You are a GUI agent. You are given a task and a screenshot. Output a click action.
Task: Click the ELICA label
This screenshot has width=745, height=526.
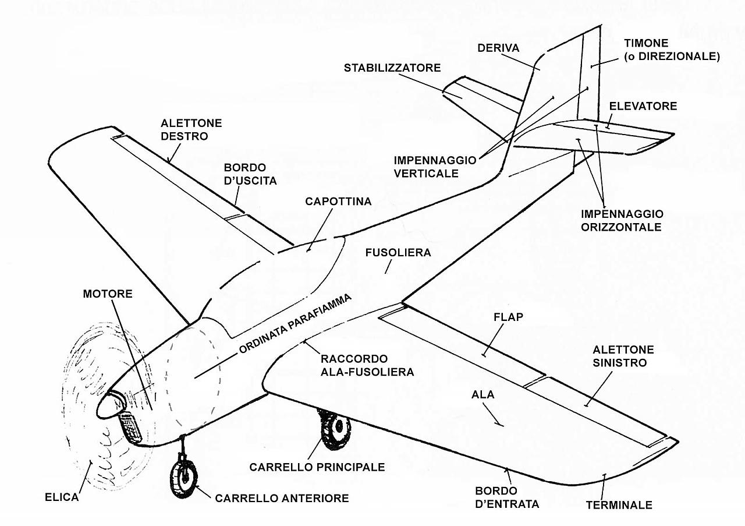(62, 498)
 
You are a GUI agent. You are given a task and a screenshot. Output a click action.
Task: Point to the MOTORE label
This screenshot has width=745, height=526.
(108, 294)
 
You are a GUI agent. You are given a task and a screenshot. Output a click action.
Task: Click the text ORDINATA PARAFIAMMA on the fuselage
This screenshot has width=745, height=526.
(295, 324)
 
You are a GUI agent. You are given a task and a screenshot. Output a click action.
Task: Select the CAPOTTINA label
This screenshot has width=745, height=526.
(338, 202)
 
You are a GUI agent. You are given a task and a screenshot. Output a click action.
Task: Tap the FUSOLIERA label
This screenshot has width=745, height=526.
(398, 253)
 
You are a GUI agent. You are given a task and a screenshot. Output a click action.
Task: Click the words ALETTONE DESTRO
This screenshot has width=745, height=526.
(183, 129)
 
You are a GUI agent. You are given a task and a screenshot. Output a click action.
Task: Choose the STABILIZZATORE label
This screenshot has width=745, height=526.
(392, 68)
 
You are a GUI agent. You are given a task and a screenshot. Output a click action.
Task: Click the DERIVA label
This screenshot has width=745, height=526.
(498, 48)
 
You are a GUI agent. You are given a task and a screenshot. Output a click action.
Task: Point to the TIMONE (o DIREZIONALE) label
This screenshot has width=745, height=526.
(672, 50)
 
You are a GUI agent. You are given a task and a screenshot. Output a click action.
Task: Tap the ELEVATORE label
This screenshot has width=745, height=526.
(643, 106)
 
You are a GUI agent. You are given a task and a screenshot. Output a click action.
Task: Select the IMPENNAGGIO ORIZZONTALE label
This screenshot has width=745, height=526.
(622, 220)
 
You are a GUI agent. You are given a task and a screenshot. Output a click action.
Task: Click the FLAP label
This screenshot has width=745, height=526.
(508, 317)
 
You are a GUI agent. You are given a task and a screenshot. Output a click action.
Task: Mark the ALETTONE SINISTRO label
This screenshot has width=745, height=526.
(623, 356)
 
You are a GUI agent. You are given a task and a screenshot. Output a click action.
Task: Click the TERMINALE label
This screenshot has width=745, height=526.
(619, 505)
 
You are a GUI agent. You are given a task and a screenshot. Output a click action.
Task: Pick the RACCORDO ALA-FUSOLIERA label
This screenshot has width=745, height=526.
(367, 365)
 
